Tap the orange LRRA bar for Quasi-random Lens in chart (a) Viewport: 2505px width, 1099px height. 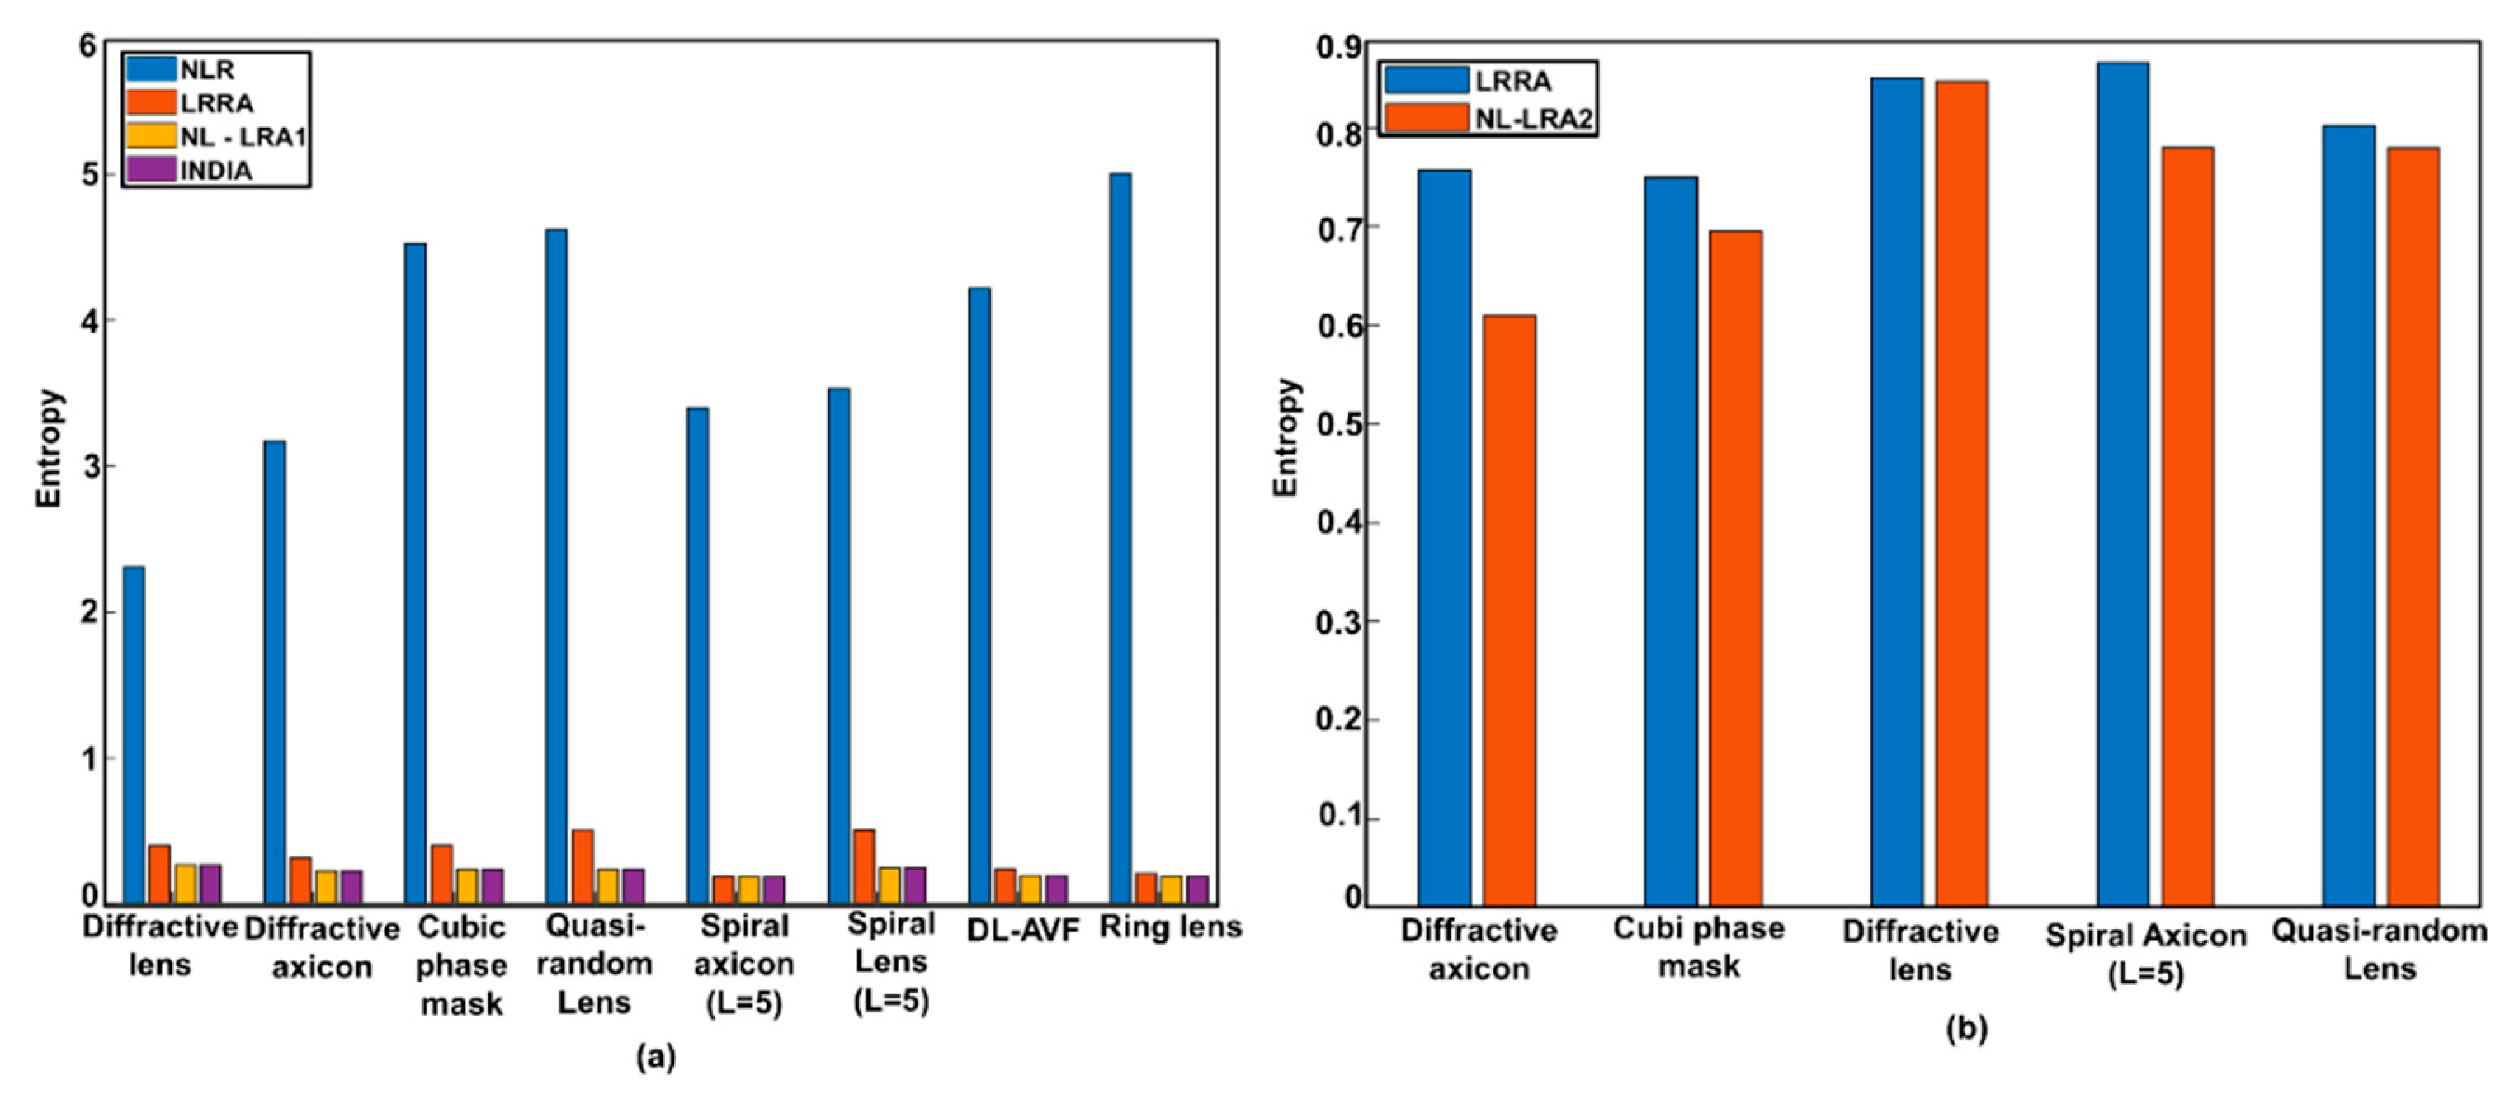(583, 866)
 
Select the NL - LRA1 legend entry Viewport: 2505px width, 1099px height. (241, 136)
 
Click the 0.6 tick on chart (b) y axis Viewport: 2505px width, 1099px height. (1338, 326)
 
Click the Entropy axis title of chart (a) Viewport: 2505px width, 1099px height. (49, 448)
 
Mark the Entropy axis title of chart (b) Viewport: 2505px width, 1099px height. (1286, 436)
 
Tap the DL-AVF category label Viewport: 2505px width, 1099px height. (1023, 931)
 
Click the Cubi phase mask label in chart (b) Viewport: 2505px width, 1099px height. (1698, 946)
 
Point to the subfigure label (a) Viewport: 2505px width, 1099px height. (655, 1057)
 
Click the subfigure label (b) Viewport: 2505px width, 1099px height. (1965, 1028)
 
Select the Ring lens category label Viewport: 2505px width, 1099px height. (1170, 927)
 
